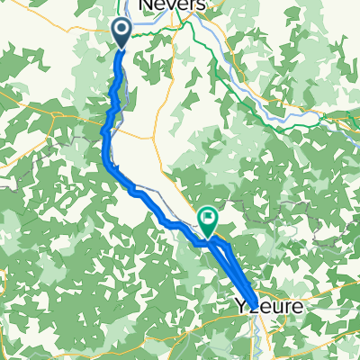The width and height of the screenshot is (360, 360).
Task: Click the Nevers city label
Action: pos(171,6)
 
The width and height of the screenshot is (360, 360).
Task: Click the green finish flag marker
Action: pos(209,219)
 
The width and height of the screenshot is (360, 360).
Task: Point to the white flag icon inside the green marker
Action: pos(209,217)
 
